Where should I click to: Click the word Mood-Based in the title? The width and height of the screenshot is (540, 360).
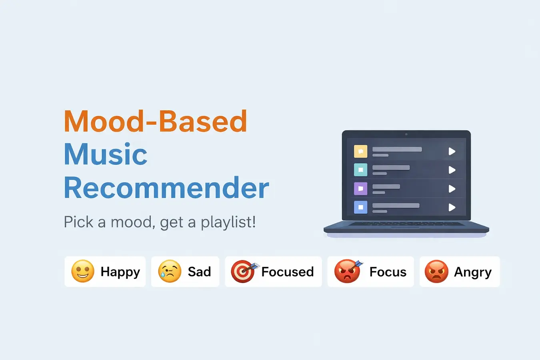(155, 122)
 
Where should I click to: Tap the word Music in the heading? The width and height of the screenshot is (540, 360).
(106, 154)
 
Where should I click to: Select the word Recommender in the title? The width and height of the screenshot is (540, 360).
(166, 188)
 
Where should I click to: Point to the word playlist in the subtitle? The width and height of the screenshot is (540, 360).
(228, 222)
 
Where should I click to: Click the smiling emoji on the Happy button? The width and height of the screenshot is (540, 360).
(83, 271)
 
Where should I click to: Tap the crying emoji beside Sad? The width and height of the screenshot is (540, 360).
(170, 271)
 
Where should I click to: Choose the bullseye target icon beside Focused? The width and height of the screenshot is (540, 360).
(242, 272)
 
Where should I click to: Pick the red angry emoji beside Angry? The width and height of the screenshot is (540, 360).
(436, 271)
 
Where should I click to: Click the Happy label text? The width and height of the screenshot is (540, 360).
(120, 272)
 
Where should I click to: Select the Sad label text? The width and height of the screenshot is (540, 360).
(199, 272)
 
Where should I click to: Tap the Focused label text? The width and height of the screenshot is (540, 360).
(288, 272)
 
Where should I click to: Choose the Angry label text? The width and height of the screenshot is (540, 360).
(473, 272)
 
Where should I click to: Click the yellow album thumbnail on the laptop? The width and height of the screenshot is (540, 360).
(360, 151)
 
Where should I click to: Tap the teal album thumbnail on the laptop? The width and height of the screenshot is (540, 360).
(360, 170)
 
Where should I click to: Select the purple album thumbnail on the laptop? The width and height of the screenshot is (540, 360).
(360, 188)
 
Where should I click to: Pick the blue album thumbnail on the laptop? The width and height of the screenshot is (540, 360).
(360, 207)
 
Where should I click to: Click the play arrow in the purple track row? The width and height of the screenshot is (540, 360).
(452, 188)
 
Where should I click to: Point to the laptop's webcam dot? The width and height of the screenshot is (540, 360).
(406, 134)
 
